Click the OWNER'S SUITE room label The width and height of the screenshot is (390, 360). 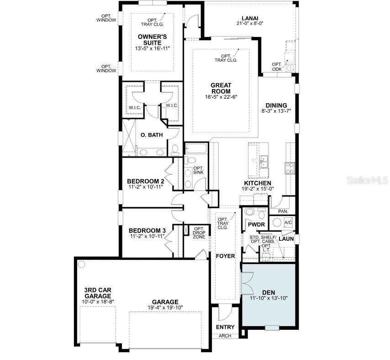[x=152, y=39]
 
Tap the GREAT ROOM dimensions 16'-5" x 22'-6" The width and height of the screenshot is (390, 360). [x=221, y=97]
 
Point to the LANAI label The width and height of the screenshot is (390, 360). [x=250, y=18]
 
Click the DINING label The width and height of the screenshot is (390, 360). [x=276, y=105]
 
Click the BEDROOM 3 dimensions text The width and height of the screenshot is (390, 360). [x=147, y=237]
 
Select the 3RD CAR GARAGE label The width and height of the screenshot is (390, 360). [x=98, y=293]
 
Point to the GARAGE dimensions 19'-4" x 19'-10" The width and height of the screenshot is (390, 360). [x=166, y=307]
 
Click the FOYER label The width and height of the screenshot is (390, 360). [x=225, y=256]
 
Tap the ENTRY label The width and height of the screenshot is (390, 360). [x=225, y=327]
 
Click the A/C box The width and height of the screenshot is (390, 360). [x=288, y=222]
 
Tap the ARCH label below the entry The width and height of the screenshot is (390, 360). [x=225, y=336]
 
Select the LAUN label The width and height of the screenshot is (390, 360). [x=286, y=238]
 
